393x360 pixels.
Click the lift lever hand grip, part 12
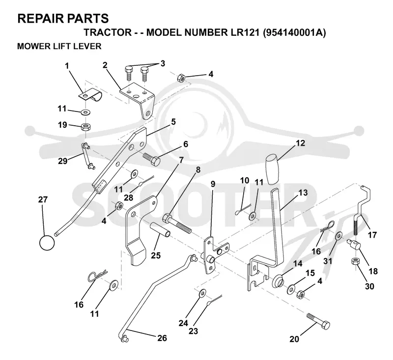click(273, 169)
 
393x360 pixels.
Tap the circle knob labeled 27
click(47, 243)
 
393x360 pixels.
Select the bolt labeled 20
click(318, 321)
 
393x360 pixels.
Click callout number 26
click(162, 338)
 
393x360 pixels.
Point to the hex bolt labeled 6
click(152, 158)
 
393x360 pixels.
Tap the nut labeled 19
click(86, 127)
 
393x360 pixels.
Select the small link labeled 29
click(87, 155)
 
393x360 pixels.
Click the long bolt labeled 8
click(177, 223)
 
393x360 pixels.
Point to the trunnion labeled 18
click(353, 244)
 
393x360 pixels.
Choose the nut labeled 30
click(355, 262)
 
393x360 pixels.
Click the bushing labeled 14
click(278, 280)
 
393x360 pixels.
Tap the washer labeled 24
click(202, 293)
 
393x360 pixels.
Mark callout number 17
click(372, 235)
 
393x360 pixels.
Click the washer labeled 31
click(339, 236)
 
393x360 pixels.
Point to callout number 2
click(105, 65)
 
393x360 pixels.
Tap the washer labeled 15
click(292, 289)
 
